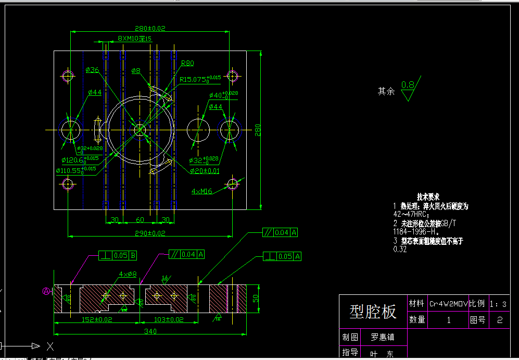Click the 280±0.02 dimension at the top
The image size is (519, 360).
150,29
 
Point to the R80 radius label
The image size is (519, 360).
187,63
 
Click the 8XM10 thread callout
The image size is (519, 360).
134,39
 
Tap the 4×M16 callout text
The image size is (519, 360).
202,192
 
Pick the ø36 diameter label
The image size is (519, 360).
93,70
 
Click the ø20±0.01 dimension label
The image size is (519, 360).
205,171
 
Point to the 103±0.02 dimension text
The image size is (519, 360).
168,319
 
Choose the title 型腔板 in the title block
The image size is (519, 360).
373,312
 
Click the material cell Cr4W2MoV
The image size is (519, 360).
448,303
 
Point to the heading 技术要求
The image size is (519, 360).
428,197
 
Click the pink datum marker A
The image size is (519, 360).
46,291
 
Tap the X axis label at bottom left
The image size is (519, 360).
50,345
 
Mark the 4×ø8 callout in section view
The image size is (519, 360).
128,274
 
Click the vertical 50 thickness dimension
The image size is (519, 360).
256,299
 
